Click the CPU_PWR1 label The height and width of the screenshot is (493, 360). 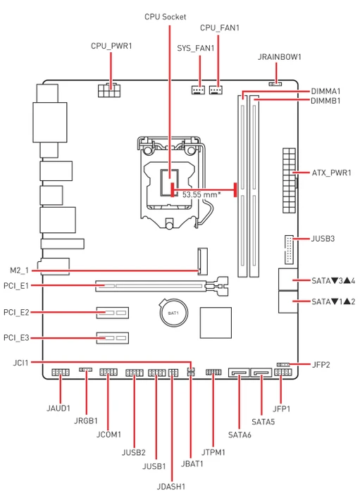click(111, 46)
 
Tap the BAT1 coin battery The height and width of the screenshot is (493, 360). click(173, 313)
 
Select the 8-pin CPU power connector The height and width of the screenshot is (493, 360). click(109, 90)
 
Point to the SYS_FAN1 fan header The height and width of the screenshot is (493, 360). click(197, 90)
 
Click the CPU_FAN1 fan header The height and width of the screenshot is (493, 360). click(216, 90)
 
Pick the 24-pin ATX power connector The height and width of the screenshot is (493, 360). click(290, 181)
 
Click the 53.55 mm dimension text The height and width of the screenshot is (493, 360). click(201, 194)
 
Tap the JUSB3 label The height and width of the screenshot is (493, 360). click(323, 239)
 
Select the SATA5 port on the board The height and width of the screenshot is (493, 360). click(261, 373)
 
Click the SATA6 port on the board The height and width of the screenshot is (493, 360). click(240, 373)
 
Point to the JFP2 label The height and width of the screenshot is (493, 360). click(321, 365)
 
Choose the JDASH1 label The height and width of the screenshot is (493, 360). click(171, 487)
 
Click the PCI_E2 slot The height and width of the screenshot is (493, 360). click(113, 313)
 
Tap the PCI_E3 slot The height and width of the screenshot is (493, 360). click(113, 338)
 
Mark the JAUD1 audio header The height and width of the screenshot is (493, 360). click(60, 373)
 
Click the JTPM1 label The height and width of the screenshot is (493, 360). click(213, 452)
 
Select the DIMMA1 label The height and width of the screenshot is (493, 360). click(325, 92)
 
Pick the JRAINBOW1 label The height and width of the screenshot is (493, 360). click(280, 57)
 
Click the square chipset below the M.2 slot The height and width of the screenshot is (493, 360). click(216, 323)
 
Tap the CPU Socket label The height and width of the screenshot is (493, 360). click(165, 17)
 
